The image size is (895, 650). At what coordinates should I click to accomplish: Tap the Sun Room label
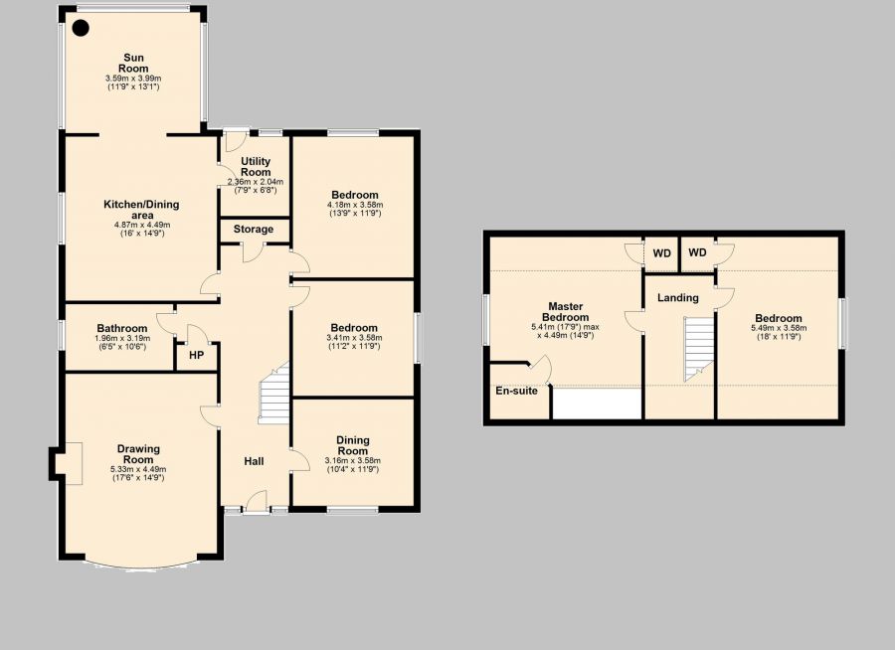[134, 63]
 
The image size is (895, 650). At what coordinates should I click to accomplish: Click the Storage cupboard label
[254, 230]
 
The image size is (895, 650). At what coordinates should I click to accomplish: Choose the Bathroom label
[121, 329]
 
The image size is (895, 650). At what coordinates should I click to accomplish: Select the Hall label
[254, 461]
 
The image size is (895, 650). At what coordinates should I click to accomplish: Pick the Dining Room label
[353, 444]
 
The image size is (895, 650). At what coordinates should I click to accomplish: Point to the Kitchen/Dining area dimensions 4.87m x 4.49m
[142, 225]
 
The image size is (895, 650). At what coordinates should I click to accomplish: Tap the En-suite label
[516, 391]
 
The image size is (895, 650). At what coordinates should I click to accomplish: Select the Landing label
[678, 297]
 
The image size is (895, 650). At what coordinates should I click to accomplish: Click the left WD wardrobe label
[661, 252]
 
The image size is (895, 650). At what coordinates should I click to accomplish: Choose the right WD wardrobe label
[697, 252]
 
